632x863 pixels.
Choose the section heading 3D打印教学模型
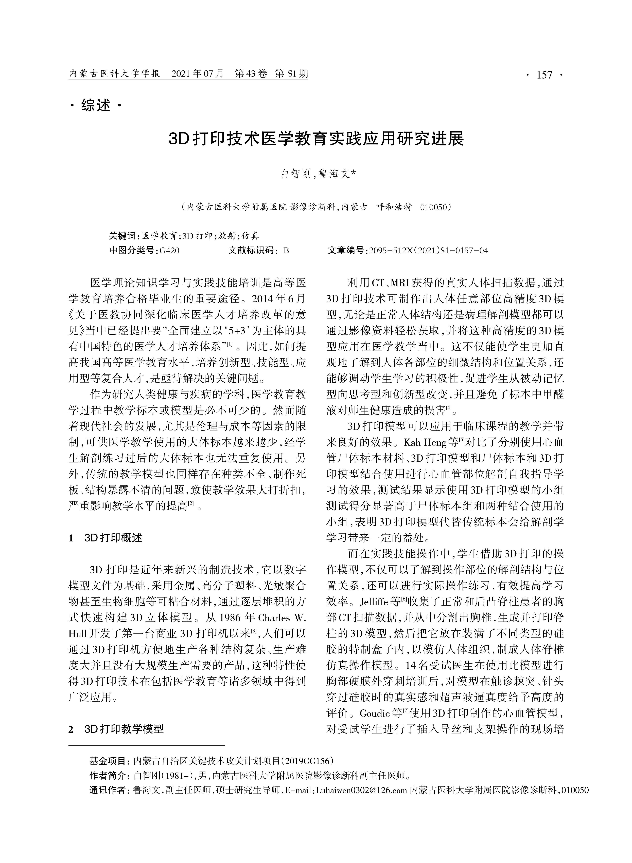124,729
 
